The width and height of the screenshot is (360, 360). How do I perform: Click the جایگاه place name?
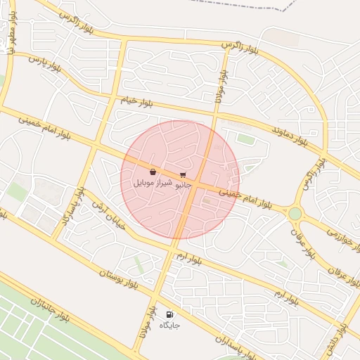coord(169,326)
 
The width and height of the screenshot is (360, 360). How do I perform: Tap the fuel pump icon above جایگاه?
coord(169,314)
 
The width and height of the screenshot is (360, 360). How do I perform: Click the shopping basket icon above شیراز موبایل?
coord(153,172)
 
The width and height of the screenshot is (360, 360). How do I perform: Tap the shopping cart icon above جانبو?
coord(183,174)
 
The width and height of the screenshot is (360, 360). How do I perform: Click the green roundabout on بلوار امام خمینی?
coord(295,213)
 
